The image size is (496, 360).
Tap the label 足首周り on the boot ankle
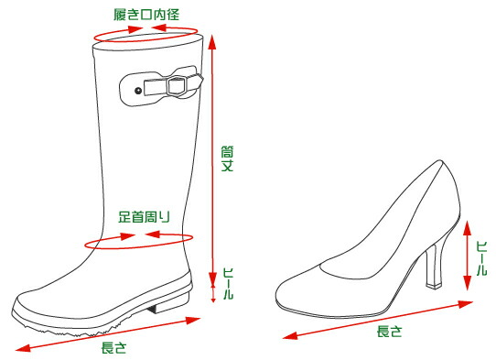click(x=144, y=217)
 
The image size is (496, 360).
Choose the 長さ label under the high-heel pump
click(x=390, y=333)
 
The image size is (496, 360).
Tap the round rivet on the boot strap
click(x=138, y=91)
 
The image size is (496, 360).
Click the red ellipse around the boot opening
click(x=146, y=33)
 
